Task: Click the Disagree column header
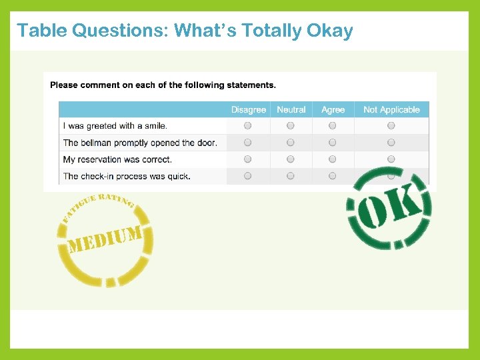[x=248, y=110]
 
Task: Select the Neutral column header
[x=291, y=110]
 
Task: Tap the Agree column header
[x=333, y=110]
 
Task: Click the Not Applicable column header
[x=391, y=110]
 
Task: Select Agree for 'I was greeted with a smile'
[x=333, y=125]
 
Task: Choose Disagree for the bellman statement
[x=248, y=142]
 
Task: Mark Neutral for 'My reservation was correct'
[x=291, y=159]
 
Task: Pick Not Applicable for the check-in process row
[x=391, y=176]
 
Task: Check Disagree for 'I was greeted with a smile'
[x=248, y=125]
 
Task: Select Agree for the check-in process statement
[x=333, y=176]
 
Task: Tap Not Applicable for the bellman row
[x=391, y=142]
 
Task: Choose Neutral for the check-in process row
[x=291, y=176]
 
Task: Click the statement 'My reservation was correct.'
[x=117, y=159]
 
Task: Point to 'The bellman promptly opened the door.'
[x=140, y=143]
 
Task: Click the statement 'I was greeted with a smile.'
[x=115, y=126]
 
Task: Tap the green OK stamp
[x=389, y=209]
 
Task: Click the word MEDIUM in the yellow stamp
[x=105, y=240]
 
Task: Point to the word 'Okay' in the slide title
[x=328, y=31]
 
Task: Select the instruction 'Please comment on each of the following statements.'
[x=163, y=85]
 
